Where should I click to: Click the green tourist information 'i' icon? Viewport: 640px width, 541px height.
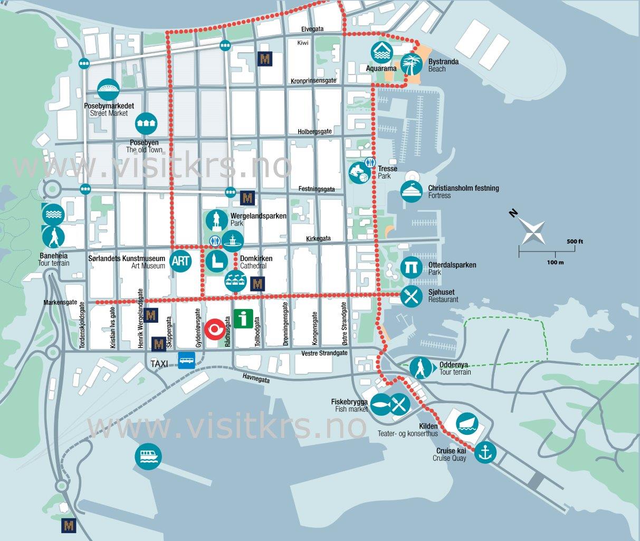[242, 319]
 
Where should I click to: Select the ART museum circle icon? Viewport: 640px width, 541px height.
[180, 261]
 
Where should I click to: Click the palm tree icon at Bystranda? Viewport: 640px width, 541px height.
[411, 64]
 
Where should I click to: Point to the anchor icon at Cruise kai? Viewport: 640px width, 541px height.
[485, 452]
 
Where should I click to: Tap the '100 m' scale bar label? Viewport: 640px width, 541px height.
[555, 262]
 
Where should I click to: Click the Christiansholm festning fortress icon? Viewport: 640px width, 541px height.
[412, 192]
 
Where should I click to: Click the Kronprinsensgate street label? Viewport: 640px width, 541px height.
[313, 81]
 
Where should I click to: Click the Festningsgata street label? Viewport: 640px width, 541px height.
[317, 189]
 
